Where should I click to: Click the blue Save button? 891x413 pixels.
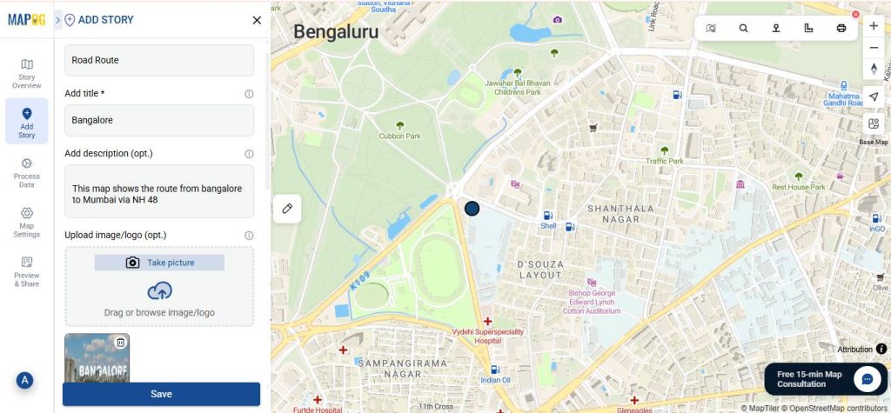click(161, 394)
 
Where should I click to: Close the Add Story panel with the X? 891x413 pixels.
click(257, 20)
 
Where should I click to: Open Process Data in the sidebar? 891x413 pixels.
click(27, 172)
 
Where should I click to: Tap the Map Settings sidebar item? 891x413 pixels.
click(27, 222)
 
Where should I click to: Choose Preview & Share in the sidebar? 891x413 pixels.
click(27, 271)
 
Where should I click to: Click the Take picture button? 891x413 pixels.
click(159, 263)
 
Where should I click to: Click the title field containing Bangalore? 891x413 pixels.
click(159, 120)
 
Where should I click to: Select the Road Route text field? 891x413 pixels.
click(159, 60)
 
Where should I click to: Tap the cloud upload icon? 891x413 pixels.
click(159, 291)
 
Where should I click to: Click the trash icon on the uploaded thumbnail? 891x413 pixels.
click(121, 343)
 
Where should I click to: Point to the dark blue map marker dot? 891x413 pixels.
click(472, 209)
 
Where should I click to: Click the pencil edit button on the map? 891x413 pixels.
click(286, 209)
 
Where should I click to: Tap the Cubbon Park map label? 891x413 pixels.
click(400, 136)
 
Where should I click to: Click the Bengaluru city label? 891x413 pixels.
click(336, 32)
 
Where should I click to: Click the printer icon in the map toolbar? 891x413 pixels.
click(841, 28)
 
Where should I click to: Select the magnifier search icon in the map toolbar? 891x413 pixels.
click(744, 28)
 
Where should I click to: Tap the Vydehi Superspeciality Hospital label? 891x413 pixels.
click(486, 336)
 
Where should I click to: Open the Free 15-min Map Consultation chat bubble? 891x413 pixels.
click(867, 379)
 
